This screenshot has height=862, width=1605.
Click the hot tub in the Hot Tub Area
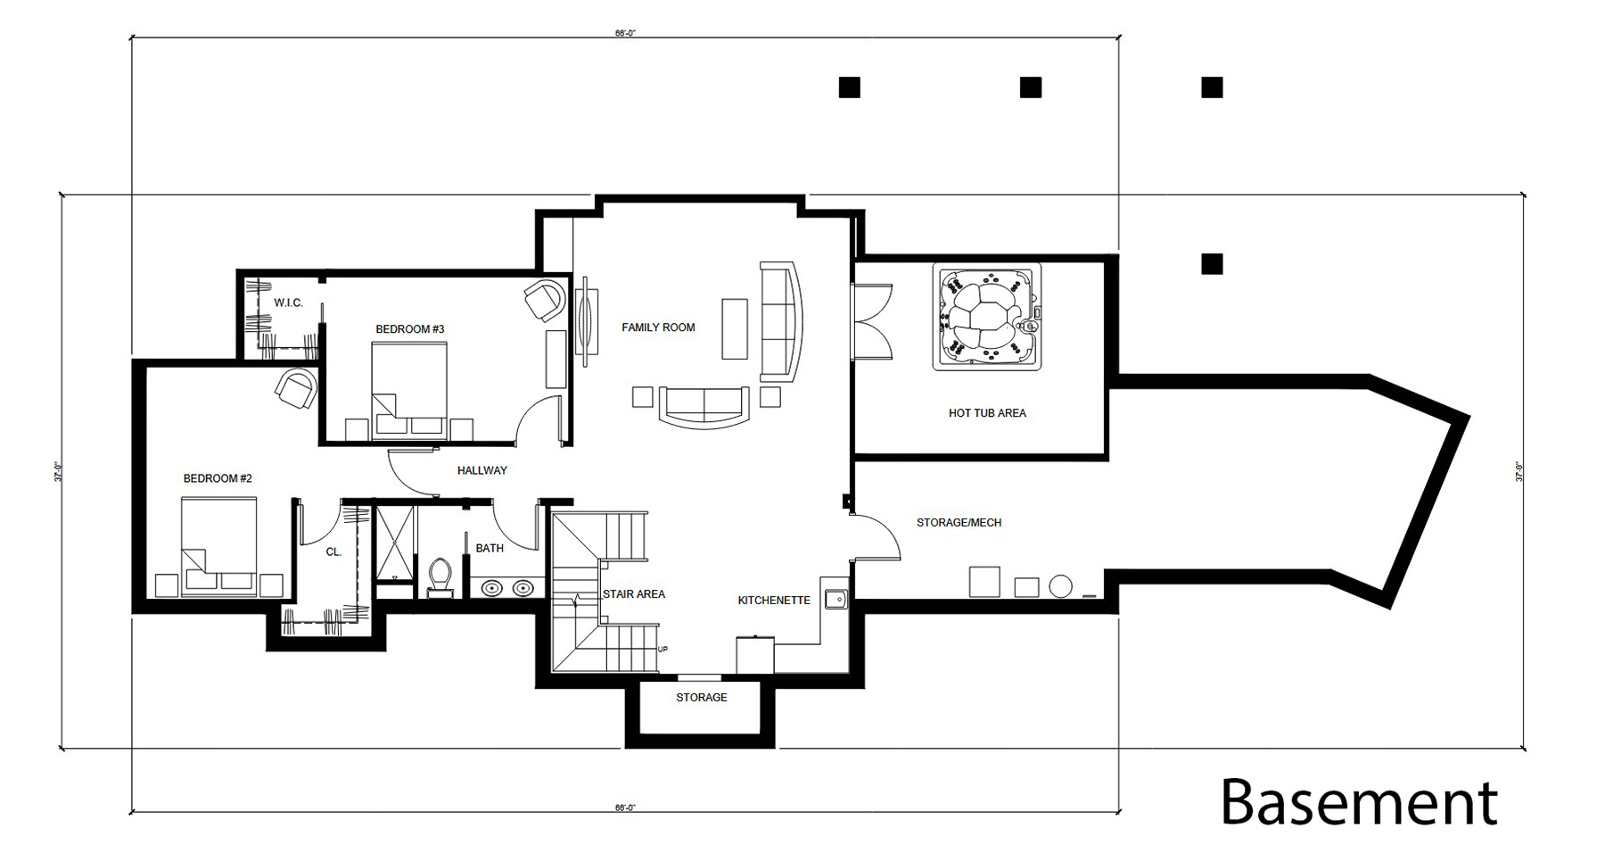(x=987, y=317)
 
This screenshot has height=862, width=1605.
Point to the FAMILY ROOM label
(x=658, y=327)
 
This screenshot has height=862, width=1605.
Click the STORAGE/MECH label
(x=959, y=522)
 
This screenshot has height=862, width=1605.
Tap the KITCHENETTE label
(x=774, y=601)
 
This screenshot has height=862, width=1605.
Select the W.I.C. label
(x=288, y=303)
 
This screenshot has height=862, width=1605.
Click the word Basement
(x=1359, y=801)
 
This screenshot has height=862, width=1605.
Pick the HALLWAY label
(x=481, y=470)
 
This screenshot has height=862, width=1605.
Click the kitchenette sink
(x=835, y=599)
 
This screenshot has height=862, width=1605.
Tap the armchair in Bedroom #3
(x=545, y=300)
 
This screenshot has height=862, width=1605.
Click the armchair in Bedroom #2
(x=296, y=389)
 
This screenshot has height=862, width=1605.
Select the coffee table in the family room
(x=735, y=328)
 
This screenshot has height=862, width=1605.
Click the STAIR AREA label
(x=633, y=594)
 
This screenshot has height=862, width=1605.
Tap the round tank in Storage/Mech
(x=1060, y=586)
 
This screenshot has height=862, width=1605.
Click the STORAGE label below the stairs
(x=701, y=698)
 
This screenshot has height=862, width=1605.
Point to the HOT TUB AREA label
(x=987, y=413)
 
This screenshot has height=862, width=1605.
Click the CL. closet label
(x=333, y=552)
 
